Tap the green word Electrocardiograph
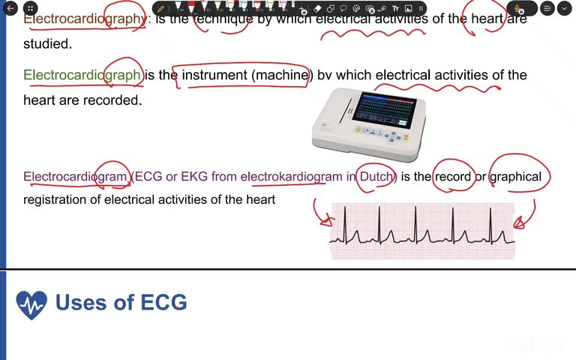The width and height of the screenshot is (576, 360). pyautogui.click(x=82, y=75)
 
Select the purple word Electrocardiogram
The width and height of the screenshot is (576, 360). pyautogui.click(x=76, y=177)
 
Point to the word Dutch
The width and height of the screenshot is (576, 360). pyautogui.click(x=376, y=177)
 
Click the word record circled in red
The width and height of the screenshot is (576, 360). pyautogui.click(x=453, y=177)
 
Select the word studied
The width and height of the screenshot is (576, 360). pyautogui.click(x=47, y=43)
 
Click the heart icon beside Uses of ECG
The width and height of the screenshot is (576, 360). pyautogui.click(x=31, y=304)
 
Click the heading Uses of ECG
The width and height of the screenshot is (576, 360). pyautogui.click(x=121, y=302)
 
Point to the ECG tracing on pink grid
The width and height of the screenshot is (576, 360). pyautogui.click(x=422, y=231)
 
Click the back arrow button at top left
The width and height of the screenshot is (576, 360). pyautogui.click(x=10, y=8)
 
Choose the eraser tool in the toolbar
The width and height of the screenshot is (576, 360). pyautogui.click(x=317, y=8)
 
